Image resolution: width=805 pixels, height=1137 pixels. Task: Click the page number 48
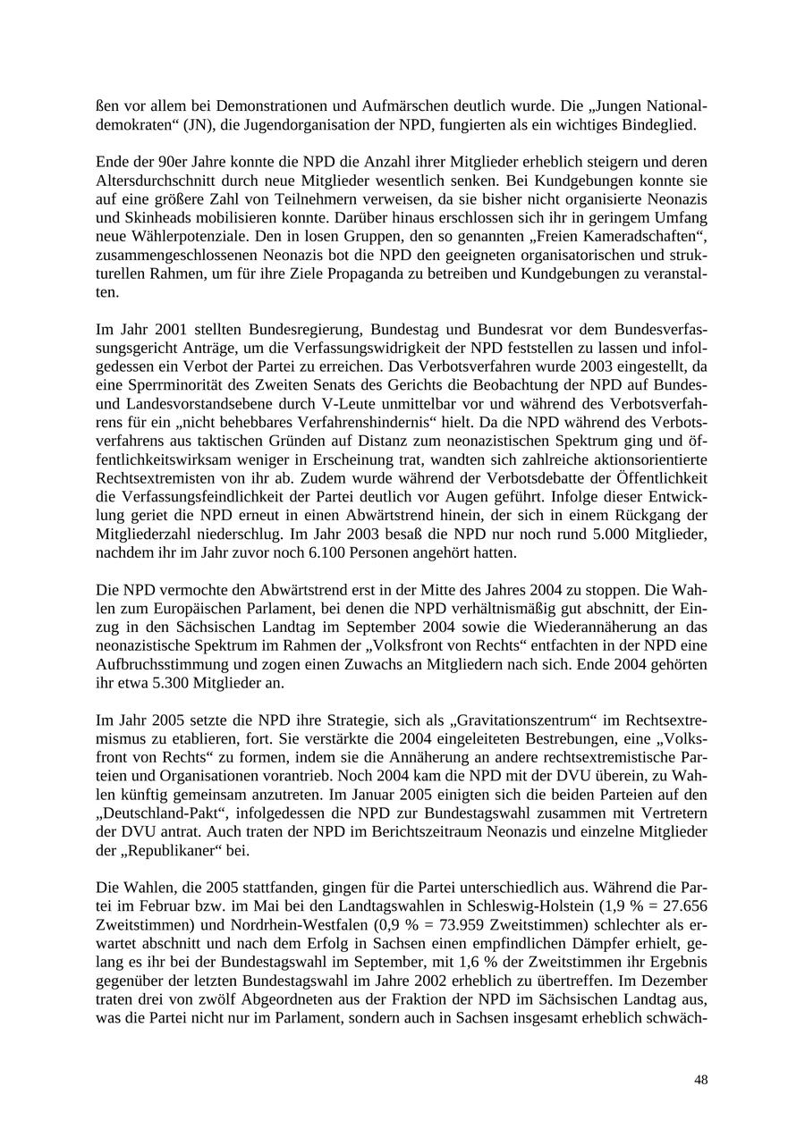(700, 1080)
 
